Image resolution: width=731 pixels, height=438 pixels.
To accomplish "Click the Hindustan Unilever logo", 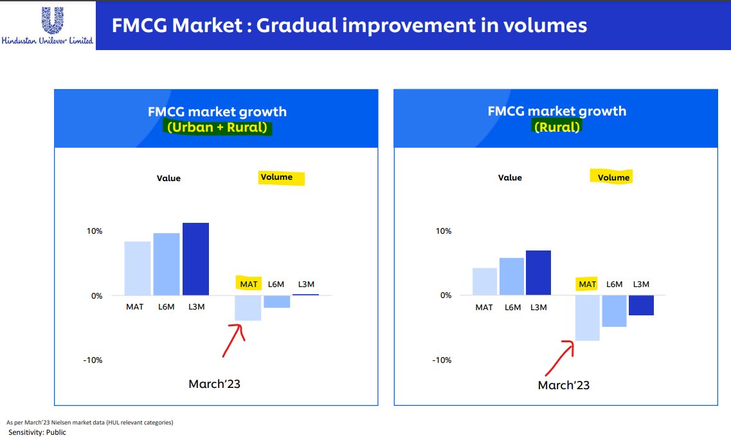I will pos(48,25).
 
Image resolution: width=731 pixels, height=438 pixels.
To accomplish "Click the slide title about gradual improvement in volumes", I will pos(349,25).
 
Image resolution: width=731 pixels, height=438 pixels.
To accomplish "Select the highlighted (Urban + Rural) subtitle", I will pos(217,127).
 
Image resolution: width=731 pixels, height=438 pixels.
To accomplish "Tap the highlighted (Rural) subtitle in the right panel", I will pos(557,127).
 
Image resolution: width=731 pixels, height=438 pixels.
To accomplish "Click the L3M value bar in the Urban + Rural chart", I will pos(195,259).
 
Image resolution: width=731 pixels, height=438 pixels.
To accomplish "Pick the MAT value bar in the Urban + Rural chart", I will pos(138,268).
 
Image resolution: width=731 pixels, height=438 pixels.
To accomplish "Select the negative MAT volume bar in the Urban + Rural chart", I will pos(248,308).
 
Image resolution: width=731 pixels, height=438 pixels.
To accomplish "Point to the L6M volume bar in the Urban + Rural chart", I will pos(276,301).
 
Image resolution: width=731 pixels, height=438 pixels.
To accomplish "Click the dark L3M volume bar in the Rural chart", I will pos(641,305).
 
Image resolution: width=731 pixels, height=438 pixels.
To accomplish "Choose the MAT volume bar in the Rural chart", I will pos(587,317).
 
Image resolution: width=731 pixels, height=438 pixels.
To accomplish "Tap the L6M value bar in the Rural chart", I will pos(512,276).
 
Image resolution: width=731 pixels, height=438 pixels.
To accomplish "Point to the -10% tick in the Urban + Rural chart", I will pos(93,360).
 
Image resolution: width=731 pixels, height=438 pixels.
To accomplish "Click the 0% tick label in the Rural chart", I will pos(446,295).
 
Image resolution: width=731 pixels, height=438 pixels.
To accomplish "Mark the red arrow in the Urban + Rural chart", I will pos(231,340).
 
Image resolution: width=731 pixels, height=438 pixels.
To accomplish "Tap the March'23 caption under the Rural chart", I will pos(563,385).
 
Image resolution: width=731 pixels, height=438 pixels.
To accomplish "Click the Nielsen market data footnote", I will pos(89,423).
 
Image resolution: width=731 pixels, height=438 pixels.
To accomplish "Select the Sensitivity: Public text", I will pos(37,432).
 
